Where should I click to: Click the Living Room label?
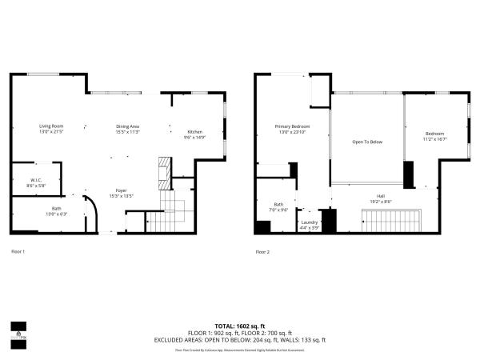click(x=52, y=129)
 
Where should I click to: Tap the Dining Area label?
click(x=128, y=129)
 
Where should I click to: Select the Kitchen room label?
click(x=195, y=134)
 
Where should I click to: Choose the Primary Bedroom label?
click(x=293, y=129)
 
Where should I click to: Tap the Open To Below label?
click(x=368, y=142)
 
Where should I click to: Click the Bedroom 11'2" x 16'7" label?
click(x=434, y=135)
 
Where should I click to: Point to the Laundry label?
click(x=309, y=225)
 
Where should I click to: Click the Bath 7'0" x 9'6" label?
click(x=279, y=207)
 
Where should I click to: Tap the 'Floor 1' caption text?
click(x=18, y=251)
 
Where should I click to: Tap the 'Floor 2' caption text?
click(x=262, y=251)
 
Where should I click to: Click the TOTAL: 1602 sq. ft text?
click(x=240, y=326)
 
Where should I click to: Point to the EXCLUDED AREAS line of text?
click(x=240, y=339)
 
